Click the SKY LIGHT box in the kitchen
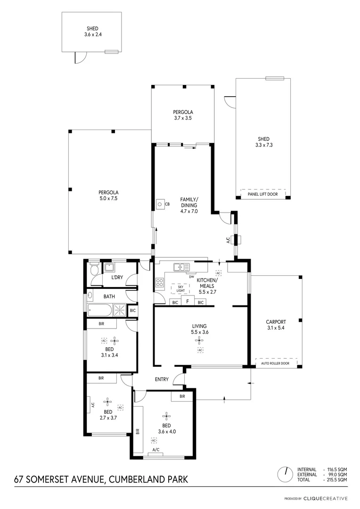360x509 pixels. click(180, 288)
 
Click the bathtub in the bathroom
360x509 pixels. click(100, 310)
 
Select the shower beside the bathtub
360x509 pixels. click(120, 310)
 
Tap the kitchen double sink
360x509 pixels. click(180, 267)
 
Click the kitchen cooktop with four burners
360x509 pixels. click(160, 283)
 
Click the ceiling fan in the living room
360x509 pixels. click(200, 339)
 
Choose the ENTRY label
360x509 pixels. click(162, 379)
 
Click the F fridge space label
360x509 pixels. click(188, 302)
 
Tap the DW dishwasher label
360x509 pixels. click(192, 277)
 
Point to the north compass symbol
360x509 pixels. click(285, 473)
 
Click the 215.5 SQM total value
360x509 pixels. click(337, 479)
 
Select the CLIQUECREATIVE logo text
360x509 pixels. click(326, 498)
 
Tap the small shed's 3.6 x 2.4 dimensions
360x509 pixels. click(92, 34)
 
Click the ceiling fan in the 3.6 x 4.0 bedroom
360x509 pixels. click(166, 415)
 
